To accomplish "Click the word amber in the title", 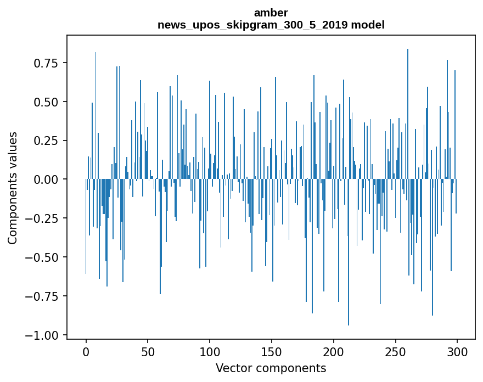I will pyautogui.click(x=271, y=13).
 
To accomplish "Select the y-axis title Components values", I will pyautogui.click(x=12, y=188).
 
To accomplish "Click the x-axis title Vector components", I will pyautogui.click(x=271, y=368).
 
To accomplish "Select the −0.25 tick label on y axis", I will pyautogui.click(x=42, y=218).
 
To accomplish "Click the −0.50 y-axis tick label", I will pyautogui.click(x=42, y=257).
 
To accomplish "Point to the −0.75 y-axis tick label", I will pyautogui.click(x=42, y=296).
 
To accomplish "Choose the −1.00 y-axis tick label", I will pyautogui.click(x=42, y=335).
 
